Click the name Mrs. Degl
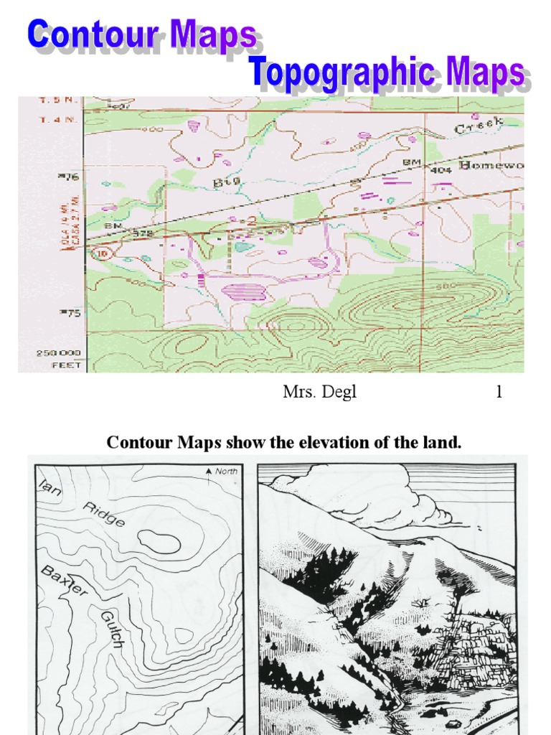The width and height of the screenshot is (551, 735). [319, 393]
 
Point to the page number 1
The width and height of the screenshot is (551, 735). [499, 393]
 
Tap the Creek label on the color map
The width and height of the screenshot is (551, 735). [479, 127]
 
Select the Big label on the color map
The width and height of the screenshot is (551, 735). [227, 182]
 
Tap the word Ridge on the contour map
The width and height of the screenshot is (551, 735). [104, 514]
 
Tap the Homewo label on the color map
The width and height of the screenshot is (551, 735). [491, 166]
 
